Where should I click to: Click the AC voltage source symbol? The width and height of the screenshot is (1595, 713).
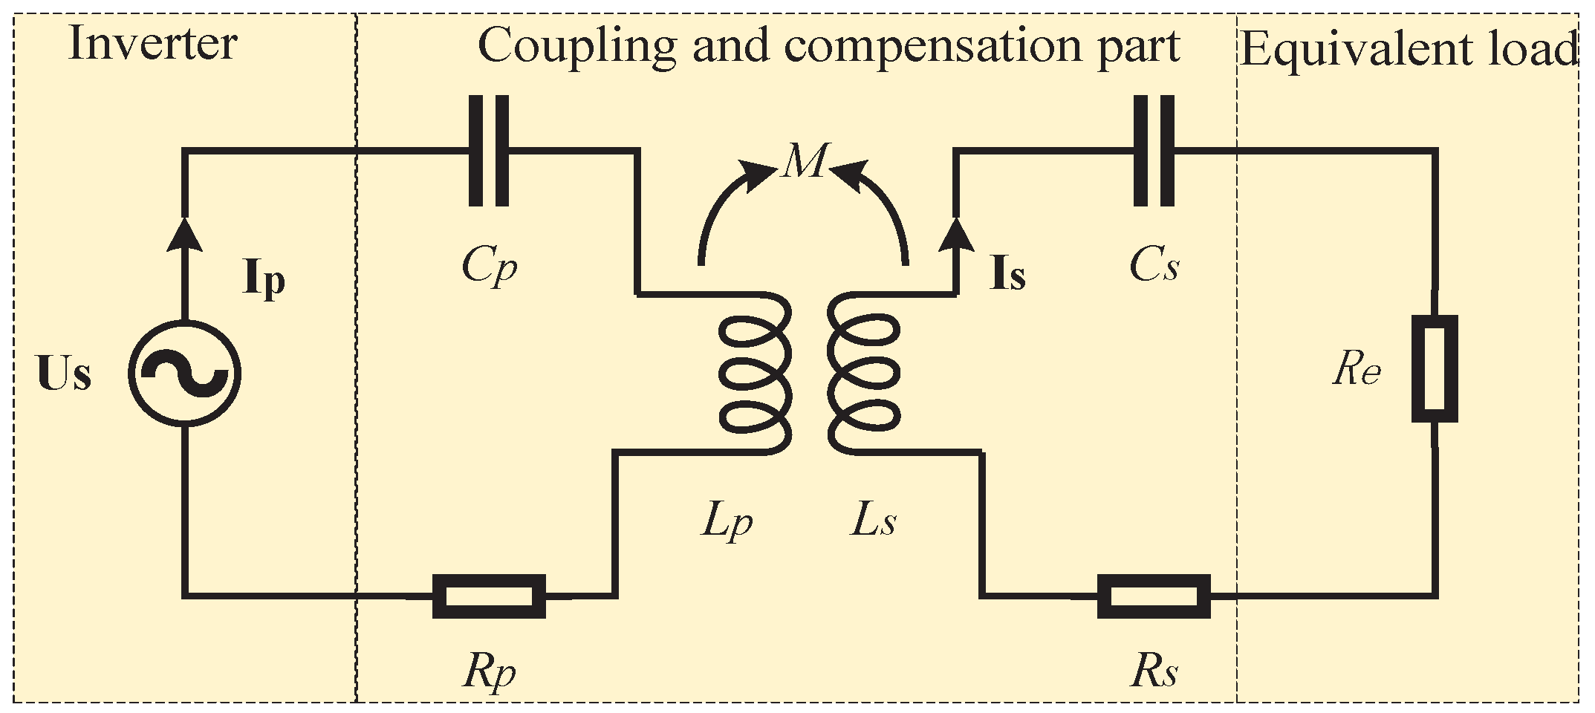click(x=184, y=373)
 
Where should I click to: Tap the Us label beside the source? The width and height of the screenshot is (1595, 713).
click(x=64, y=374)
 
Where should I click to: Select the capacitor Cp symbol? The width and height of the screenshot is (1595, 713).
click(x=489, y=151)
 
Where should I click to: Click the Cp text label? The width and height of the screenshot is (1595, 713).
click(x=489, y=266)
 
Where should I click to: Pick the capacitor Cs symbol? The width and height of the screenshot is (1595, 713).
click(x=1154, y=151)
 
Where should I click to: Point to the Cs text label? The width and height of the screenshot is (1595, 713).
click(x=1154, y=266)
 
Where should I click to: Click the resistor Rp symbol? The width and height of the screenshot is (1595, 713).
click(x=489, y=596)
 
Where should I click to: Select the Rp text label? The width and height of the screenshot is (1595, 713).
click(x=489, y=672)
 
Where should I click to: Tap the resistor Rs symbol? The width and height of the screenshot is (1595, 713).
click(x=1154, y=596)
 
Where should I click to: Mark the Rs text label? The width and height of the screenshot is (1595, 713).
click(x=1154, y=672)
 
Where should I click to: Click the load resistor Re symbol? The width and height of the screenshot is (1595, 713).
click(x=1435, y=369)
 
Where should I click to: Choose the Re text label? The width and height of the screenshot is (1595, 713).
click(x=1357, y=369)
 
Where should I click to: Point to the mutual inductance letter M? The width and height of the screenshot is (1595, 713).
click(x=805, y=160)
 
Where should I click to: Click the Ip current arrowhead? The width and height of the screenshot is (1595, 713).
click(x=184, y=232)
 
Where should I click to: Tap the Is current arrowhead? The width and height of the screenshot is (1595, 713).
click(x=956, y=232)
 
